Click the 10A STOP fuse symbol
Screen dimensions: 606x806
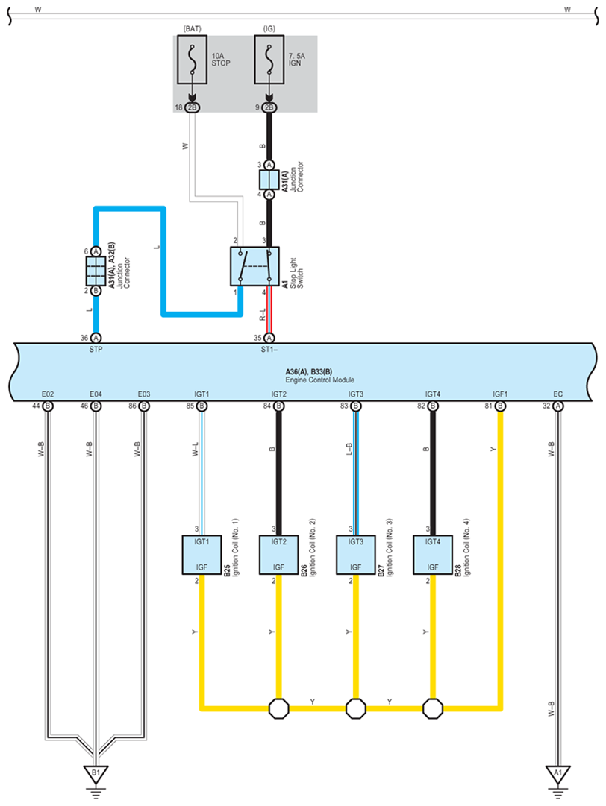tap(193, 60)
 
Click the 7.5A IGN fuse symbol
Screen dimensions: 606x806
tap(269, 60)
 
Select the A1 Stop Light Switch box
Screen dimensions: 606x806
tap(254, 266)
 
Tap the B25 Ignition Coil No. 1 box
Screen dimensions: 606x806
tap(202, 555)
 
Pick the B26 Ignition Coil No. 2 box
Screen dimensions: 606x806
tap(279, 555)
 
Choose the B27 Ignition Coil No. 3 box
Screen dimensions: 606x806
tap(355, 555)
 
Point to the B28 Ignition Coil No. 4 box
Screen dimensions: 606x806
tap(433, 555)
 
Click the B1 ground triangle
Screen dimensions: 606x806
tap(96, 774)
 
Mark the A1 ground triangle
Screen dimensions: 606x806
tap(557, 774)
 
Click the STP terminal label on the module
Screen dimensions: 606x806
tap(96, 350)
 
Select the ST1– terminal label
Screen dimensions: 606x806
tap(269, 350)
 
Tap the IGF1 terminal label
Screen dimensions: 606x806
tap(500, 394)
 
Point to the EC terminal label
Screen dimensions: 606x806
tap(558, 394)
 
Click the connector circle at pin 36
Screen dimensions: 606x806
tap(96, 338)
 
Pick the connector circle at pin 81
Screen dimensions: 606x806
tap(500, 406)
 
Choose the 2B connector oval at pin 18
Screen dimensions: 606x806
tap(193, 107)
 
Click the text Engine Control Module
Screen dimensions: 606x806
tap(320, 380)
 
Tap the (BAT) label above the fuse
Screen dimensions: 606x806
tap(193, 29)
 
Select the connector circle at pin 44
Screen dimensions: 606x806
tap(47, 406)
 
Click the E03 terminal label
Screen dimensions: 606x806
tap(144, 394)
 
